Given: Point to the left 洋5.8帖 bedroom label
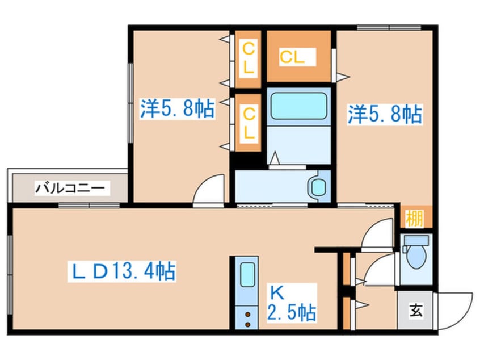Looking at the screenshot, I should tap(178, 108).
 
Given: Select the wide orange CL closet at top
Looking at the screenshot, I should tap(298, 56).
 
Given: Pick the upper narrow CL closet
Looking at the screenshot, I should tap(249, 57).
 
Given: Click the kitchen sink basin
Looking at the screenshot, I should tap(247, 276).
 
